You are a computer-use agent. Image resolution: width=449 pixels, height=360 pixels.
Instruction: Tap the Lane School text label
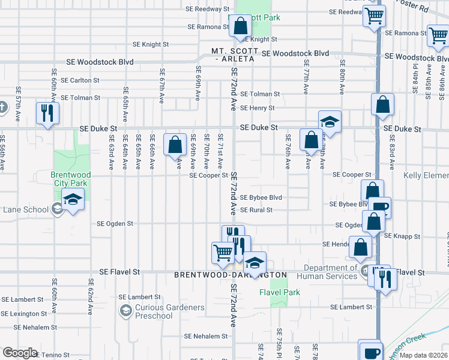26,209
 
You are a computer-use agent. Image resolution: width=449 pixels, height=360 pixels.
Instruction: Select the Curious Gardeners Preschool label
169,311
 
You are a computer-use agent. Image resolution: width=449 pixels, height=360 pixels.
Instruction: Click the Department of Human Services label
330,272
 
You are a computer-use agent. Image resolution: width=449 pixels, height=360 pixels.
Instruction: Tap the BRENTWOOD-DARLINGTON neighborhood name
231,274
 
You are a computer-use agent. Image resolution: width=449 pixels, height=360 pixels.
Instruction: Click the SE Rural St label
256,210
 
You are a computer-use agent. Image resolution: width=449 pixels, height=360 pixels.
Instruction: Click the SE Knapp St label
403,236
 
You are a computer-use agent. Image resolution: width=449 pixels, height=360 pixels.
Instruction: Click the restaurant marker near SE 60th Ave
46,112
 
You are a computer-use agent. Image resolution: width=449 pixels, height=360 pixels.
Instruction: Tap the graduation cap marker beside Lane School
73,199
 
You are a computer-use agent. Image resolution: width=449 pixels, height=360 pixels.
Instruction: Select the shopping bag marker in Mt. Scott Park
240,26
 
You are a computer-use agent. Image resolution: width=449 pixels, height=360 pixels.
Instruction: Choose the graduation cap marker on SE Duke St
330,121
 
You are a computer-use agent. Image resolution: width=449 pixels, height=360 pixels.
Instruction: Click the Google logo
20,353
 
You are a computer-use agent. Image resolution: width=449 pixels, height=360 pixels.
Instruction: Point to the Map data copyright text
423,355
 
